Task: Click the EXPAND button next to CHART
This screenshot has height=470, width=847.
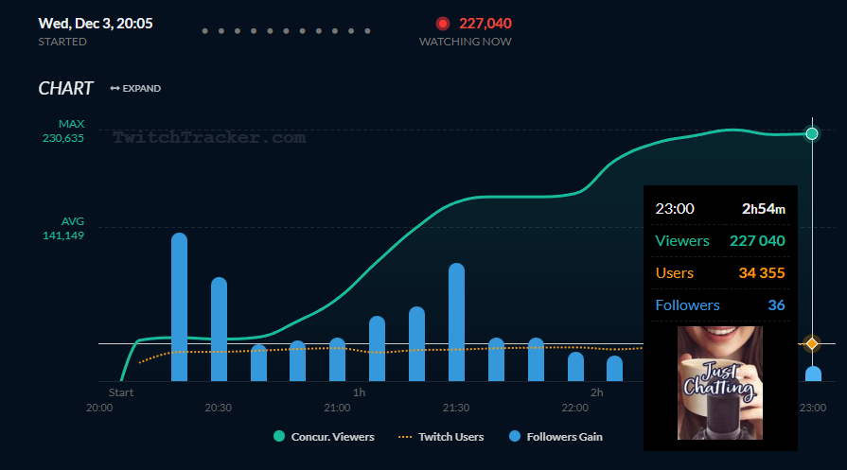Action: click(x=135, y=89)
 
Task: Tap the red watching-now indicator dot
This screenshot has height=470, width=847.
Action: click(x=442, y=24)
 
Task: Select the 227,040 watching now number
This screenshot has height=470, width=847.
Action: click(x=485, y=24)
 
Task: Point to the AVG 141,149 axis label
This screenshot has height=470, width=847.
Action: click(x=63, y=228)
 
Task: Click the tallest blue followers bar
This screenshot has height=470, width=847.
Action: click(x=179, y=307)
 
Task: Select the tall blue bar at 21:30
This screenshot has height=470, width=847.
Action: click(x=456, y=322)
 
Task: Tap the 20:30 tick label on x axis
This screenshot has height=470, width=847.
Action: click(x=218, y=408)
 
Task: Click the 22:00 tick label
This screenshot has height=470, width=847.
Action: click(x=574, y=408)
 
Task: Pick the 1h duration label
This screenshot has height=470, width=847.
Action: click(x=359, y=392)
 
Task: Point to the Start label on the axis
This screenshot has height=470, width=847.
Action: click(x=120, y=392)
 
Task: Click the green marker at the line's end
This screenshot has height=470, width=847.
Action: click(x=812, y=133)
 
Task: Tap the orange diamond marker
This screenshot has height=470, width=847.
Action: click(x=811, y=343)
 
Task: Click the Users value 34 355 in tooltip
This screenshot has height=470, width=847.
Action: click(x=761, y=273)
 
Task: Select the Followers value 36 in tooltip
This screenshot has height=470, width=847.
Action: click(x=776, y=305)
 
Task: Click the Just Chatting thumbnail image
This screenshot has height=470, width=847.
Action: click(x=720, y=382)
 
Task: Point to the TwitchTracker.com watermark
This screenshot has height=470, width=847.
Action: click(x=209, y=138)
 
